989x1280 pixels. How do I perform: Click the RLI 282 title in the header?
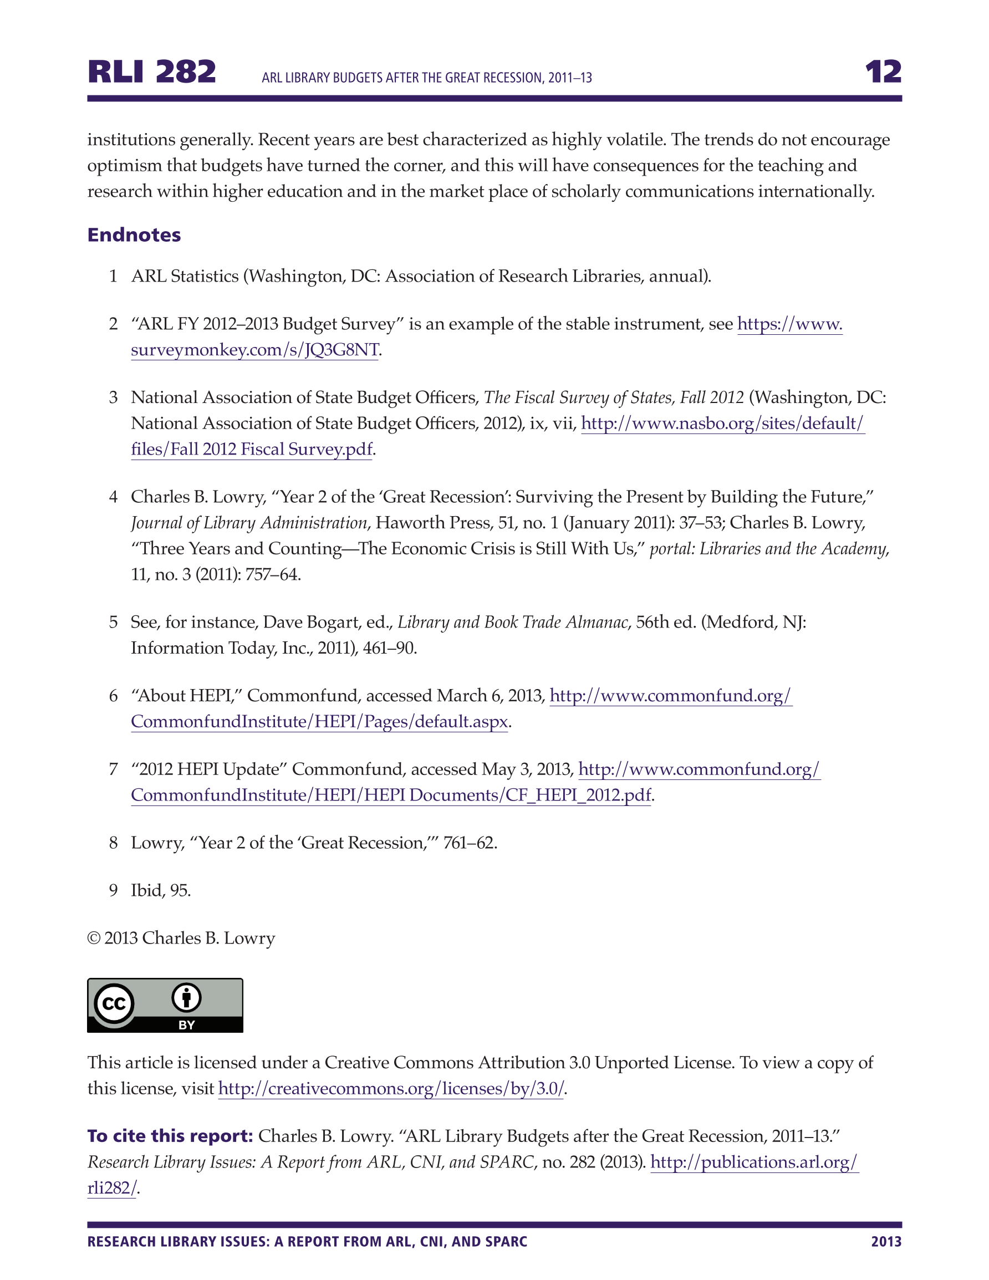click(x=152, y=72)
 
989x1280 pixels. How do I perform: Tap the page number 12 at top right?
click(x=883, y=72)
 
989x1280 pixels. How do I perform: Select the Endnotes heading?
click(x=134, y=234)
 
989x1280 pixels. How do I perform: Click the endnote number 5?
click(x=113, y=622)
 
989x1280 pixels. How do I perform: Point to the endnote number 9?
click(x=113, y=890)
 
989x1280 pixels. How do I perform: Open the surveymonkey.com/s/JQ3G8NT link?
click(x=254, y=350)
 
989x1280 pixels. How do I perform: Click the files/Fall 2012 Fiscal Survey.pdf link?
click(x=252, y=449)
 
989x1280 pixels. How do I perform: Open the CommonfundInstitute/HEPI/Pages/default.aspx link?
click(x=319, y=721)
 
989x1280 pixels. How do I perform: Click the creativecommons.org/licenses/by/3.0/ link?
click(x=390, y=1088)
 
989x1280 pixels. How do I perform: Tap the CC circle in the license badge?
click(x=114, y=1003)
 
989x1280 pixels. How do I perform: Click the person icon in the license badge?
click(x=186, y=997)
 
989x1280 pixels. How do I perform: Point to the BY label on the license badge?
click(x=186, y=1025)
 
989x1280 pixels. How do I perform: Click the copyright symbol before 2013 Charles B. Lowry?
click(x=94, y=939)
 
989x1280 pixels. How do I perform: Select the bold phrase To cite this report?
click(x=170, y=1136)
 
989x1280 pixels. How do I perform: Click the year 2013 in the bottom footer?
click(x=886, y=1241)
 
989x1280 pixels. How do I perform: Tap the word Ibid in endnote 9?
click(x=146, y=890)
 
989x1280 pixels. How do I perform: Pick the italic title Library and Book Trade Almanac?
click(x=512, y=622)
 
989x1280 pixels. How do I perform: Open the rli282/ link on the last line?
click(x=111, y=1188)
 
